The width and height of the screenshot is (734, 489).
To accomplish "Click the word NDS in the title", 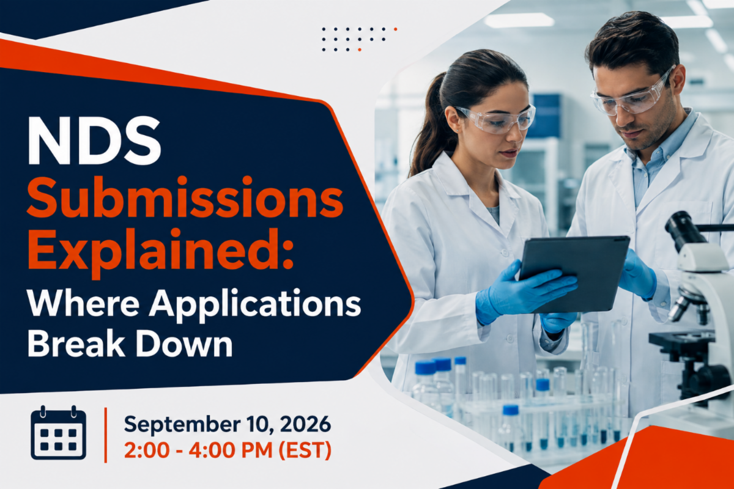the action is click(94, 141).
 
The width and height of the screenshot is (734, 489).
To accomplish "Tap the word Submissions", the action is click(185, 197).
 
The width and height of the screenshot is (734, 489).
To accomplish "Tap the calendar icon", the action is click(58, 432).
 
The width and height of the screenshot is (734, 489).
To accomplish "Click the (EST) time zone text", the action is click(305, 450).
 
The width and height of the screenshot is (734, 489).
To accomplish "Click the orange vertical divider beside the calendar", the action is click(105, 435).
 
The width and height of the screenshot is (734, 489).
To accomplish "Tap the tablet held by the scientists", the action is click(574, 274).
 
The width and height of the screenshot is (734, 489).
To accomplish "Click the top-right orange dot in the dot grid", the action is click(396, 29).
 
